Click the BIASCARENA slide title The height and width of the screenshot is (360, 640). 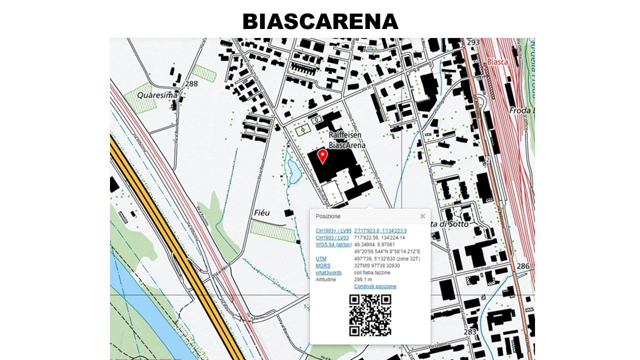coord(320,21)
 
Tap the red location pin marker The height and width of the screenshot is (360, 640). coord(323,156)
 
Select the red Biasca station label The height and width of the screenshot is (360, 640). coord(497,62)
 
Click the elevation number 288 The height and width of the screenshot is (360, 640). coord(191,83)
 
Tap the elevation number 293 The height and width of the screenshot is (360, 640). coord(473,42)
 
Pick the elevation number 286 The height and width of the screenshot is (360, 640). coord(523,266)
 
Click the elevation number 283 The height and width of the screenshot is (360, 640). coord(469,331)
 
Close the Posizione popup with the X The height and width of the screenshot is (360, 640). coord(422,216)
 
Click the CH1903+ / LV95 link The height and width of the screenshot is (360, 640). coord(333,230)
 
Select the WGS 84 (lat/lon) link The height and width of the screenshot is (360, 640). coord(332,244)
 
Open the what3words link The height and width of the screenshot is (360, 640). coord(328,272)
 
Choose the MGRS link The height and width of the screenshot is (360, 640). coord(322,265)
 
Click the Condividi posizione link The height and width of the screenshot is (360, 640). coord(375,286)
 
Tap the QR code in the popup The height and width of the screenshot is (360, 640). coord(370,315)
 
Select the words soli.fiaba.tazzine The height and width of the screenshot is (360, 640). coord(372,272)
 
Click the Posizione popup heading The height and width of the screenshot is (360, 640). coord(328,216)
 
